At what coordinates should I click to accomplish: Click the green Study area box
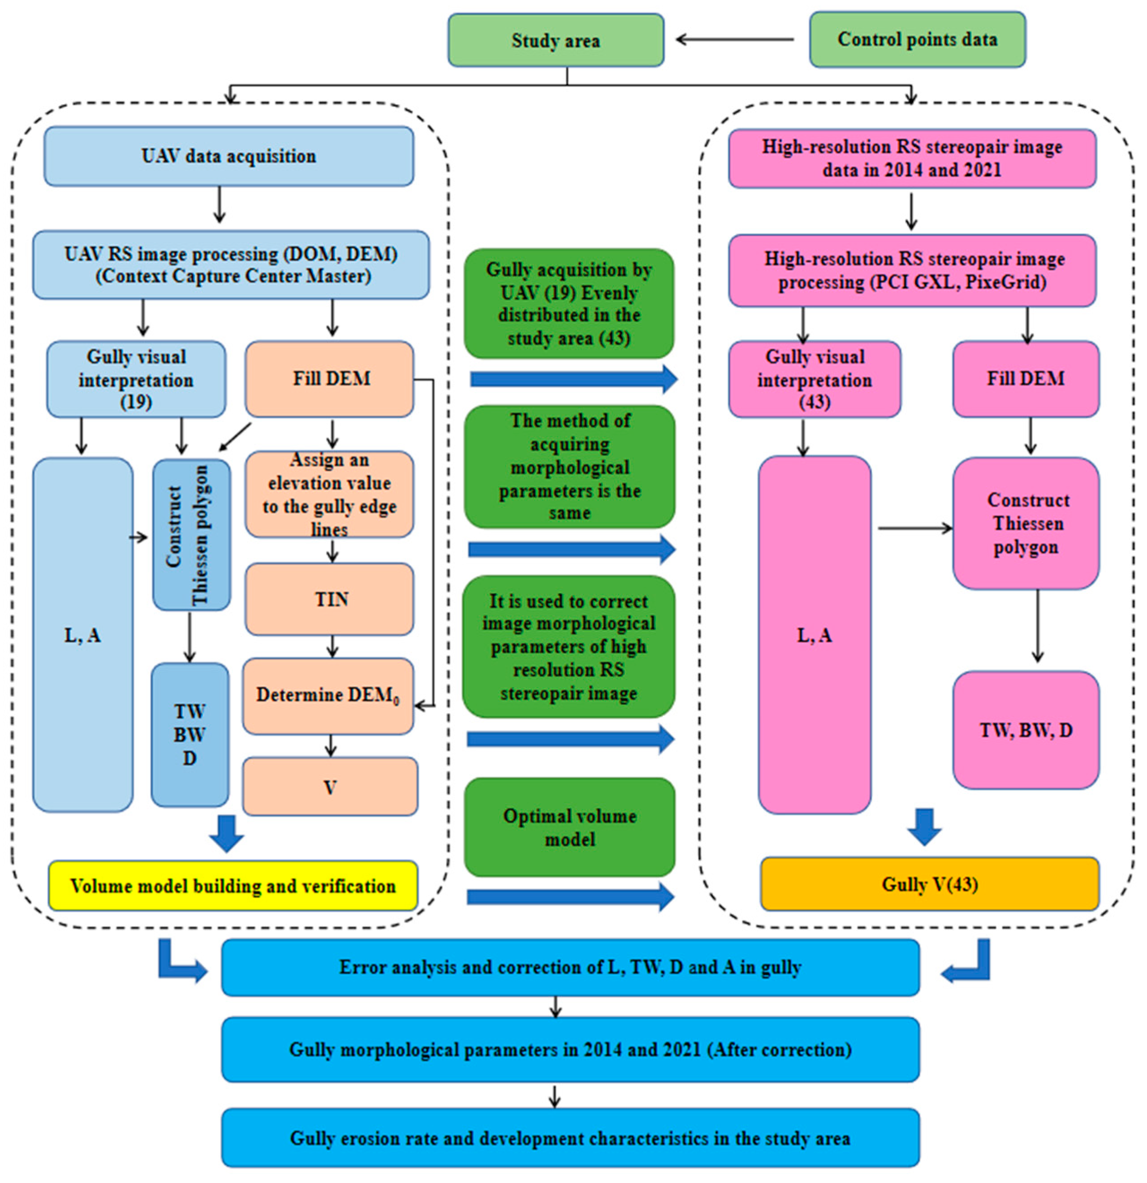pyautogui.click(x=556, y=40)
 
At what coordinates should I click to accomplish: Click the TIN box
pyautogui.click(x=330, y=599)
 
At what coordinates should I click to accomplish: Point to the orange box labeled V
pyautogui.click(x=330, y=787)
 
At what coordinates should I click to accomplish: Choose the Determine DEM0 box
pyautogui.click(x=328, y=696)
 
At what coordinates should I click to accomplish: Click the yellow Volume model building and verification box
pyautogui.click(x=233, y=886)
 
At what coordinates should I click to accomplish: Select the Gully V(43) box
pyautogui.click(x=929, y=884)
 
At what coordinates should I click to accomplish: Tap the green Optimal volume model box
pyautogui.click(x=569, y=827)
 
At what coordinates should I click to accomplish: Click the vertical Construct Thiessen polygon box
pyautogui.click(x=191, y=535)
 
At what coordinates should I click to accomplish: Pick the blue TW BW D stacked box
pyautogui.click(x=190, y=735)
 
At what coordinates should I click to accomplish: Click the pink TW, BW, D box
pyautogui.click(x=1025, y=730)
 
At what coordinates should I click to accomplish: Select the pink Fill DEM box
pyautogui.click(x=1025, y=379)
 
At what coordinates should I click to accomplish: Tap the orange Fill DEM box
pyautogui.click(x=330, y=379)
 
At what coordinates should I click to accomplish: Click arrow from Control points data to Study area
pyautogui.click(x=735, y=40)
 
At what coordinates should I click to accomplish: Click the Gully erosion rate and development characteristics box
pyautogui.click(x=570, y=1138)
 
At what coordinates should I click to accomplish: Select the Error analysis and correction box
pyautogui.click(x=570, y=968)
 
